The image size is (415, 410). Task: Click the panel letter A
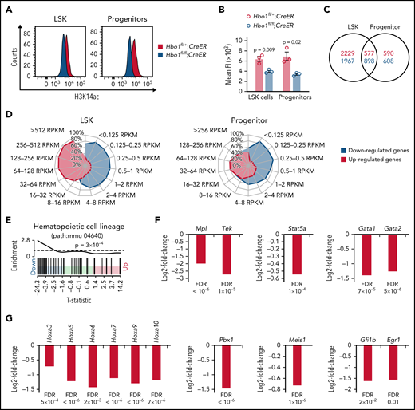(6, 6)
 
